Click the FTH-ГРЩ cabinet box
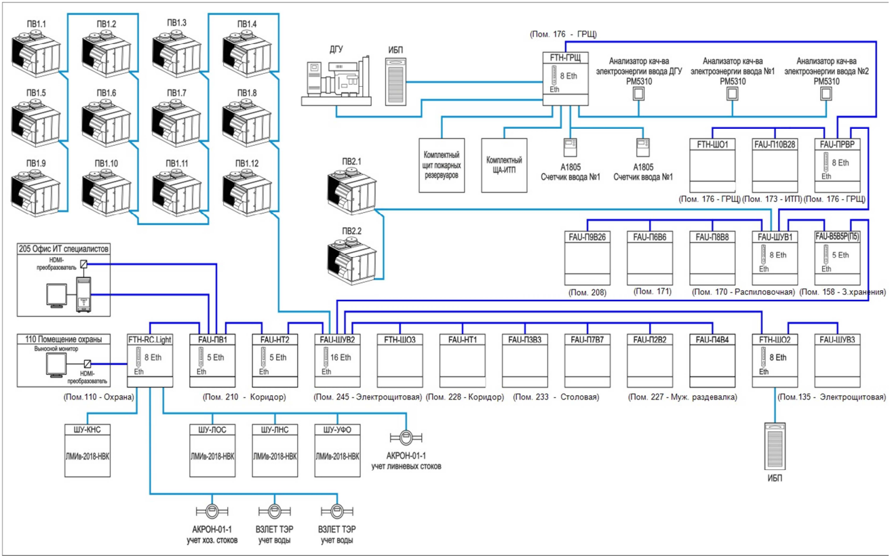pos(565,79)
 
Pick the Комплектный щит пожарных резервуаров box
pos(442,165)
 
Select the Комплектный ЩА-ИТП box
pos(504,165)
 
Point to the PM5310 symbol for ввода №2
pos(826,94)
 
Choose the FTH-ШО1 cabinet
pos(712,166)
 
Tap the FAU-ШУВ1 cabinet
pos(775,258)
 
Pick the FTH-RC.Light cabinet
pos(150,359)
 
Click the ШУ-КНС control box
pos(88,450)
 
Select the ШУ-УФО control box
pos(337,450)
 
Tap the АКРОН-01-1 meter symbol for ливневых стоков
pos(406,437)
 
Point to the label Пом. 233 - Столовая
pos(556,397)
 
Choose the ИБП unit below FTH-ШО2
pos(774,445)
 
